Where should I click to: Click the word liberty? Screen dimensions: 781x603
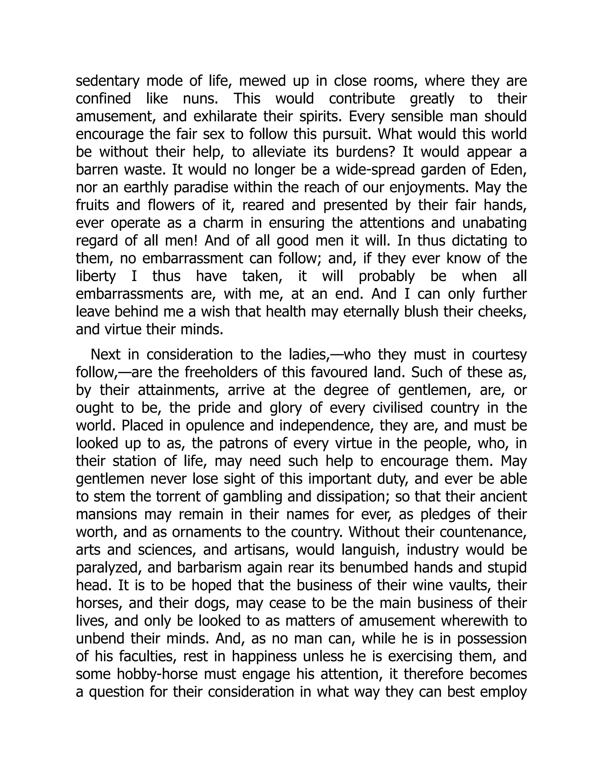point(96,276)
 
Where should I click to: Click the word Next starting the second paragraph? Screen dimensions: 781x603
point(105,355)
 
